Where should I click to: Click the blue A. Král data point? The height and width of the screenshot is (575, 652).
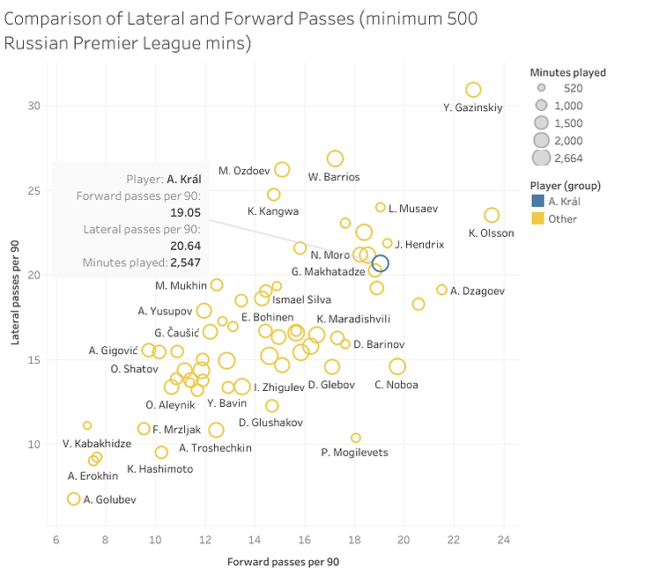coord(380,262)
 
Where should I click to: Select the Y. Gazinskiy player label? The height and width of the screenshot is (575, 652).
coord(473,108)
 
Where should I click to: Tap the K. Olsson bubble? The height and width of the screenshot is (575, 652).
coord(492,216)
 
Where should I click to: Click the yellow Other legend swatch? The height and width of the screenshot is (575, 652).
coord(537,218)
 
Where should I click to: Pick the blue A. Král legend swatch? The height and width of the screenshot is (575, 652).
coord(537,202)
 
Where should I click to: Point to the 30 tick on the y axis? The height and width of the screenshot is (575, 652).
coord(33,106)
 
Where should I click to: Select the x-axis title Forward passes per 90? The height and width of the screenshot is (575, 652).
coord(283,561)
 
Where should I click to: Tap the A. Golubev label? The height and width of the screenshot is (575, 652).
coord(110,500)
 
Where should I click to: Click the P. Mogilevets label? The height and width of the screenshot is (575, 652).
coord(354,453)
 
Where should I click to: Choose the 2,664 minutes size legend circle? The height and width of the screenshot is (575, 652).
coord(541,158)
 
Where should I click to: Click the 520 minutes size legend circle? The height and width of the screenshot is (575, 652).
coord(541,89)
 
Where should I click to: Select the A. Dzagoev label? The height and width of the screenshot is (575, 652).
coord(477,291)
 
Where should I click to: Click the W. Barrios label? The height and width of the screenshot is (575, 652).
coord(334,177)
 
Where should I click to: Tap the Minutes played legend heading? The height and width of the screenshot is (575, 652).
coord(567,72)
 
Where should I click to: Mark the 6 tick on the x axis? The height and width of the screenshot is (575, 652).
coord(57,541)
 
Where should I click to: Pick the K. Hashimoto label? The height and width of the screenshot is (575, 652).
coord(159,469)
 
